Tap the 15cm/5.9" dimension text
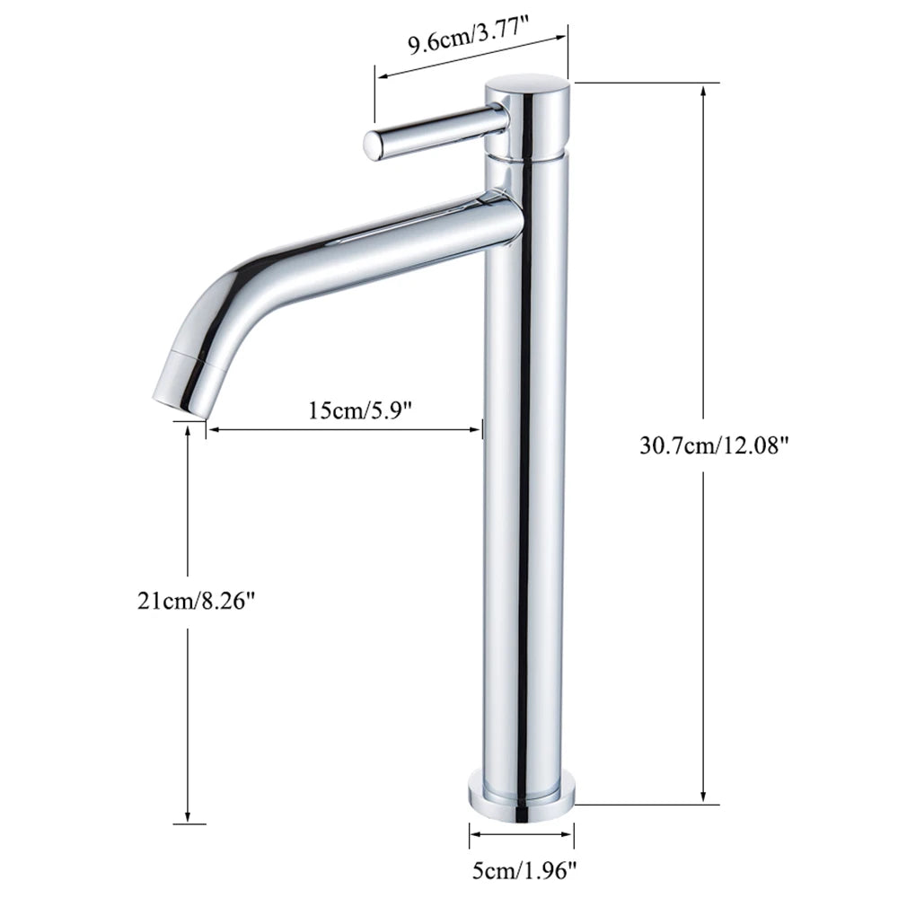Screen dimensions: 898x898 [359, 410]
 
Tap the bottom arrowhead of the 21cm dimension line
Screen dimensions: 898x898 [188, 819]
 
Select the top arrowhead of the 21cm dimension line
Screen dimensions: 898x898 [188, 431]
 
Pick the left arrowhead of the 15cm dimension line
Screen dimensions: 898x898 [213, 431]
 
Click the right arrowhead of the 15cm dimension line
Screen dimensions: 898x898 [478, 431]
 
